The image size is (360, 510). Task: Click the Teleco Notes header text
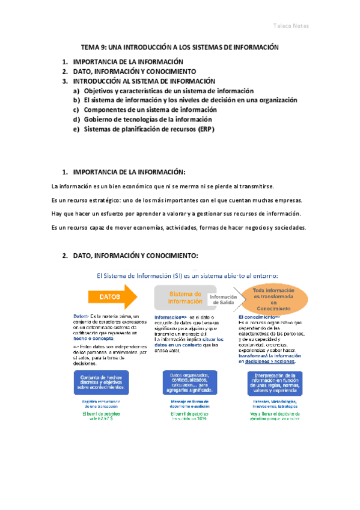(290, 26)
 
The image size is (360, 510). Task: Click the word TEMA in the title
(90, 47)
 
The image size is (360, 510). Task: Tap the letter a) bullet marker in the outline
(76, 91)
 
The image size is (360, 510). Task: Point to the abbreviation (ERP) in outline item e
(204, 129)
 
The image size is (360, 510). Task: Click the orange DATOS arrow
(111, 296)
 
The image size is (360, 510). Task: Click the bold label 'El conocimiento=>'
(259, 317)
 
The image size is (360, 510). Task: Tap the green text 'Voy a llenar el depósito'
(274, 414)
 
